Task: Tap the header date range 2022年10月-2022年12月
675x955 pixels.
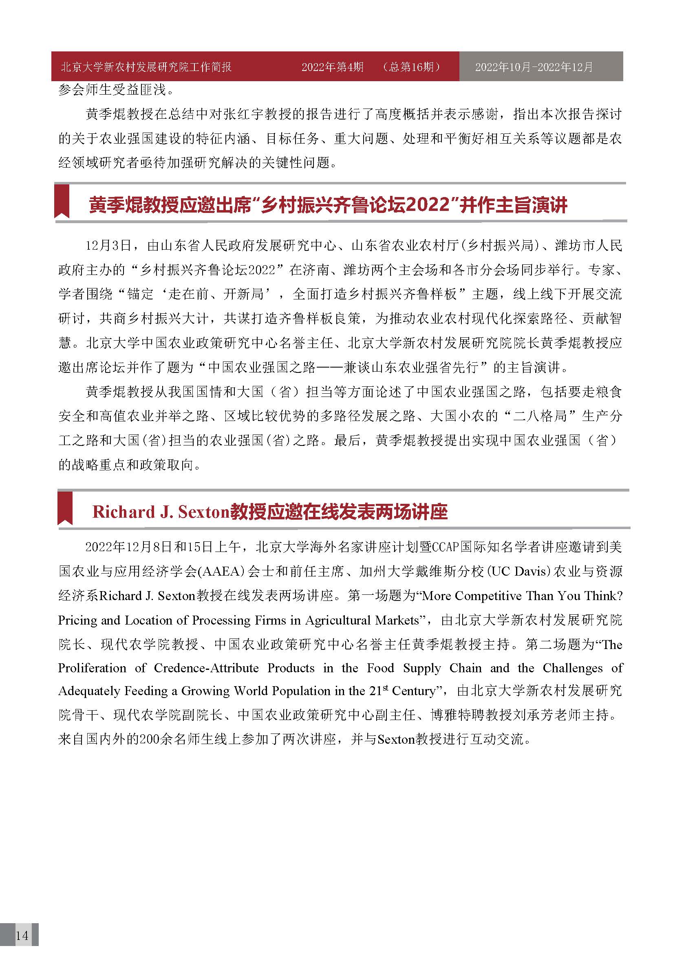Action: click(x=534, y=67)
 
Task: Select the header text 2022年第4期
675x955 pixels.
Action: click(x=333, y=67)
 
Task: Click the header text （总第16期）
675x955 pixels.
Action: click(x=412, y=67)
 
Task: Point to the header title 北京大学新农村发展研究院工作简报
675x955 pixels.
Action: click(x=146, y=67)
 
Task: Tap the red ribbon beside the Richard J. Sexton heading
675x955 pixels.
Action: click(x=65, y=508)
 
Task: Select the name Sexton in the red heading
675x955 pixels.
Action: click(x=204, y=512)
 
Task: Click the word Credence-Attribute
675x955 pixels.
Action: click(x=206, y=668)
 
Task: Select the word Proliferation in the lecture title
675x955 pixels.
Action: click(x=92, y=668)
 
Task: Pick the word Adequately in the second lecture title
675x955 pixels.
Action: click(x=88, y=691)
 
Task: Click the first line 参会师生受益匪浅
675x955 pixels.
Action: click(x=112, y=90)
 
